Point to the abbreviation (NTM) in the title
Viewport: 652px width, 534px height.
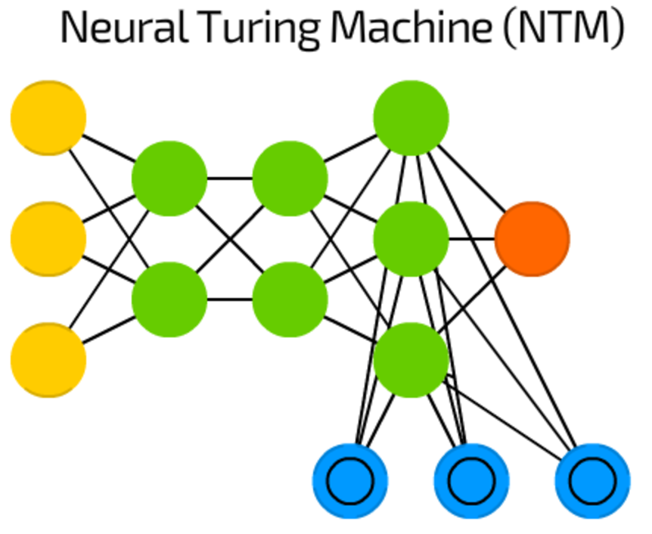564,28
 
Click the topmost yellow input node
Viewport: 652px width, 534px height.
48,118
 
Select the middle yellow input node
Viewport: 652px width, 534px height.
48,239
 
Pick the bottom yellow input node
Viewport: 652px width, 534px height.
48,360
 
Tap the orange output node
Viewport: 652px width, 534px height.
532,239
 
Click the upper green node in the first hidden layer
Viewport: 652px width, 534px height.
169,179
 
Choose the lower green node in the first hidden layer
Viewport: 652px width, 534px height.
169,300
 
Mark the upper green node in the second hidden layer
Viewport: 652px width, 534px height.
290,179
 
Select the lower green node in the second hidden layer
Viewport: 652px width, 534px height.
290,300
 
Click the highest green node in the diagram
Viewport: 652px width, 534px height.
411,118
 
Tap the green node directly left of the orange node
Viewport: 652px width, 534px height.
411,239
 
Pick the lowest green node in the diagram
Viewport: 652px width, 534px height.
411,360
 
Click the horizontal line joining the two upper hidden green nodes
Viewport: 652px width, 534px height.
230,179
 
